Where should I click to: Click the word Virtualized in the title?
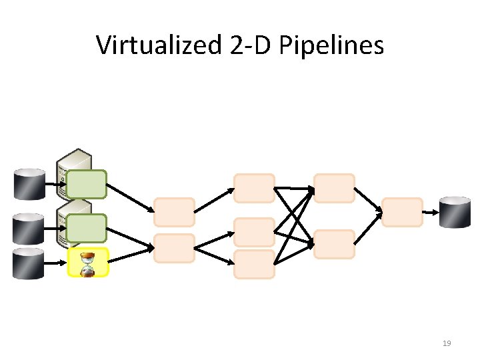(157, 45)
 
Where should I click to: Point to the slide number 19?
(447, 343)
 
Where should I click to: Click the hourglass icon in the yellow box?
(87, 263)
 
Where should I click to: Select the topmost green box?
(86, 185)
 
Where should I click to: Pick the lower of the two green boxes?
(86, 228)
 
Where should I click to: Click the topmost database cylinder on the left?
(29, 185)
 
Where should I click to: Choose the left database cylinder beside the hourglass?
(29, 263)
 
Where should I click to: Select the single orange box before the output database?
(402, 212)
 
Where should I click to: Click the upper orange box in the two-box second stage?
(174, 212)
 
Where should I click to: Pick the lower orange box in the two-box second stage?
(174, 247)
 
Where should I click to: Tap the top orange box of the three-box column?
(254, 188)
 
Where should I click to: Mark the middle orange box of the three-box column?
(254, 232)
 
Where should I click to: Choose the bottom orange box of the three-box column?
(254, 264)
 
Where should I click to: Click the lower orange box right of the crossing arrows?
(334, 244)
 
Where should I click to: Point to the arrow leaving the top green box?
(129, 197)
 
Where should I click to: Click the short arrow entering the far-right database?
(431, 212)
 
